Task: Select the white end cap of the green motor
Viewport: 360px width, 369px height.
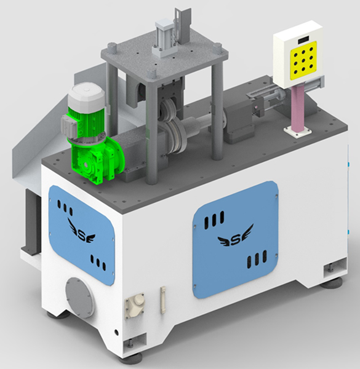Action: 86,95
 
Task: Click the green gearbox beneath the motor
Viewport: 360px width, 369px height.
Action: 97,160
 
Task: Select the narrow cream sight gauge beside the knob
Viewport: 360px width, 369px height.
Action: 163,300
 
